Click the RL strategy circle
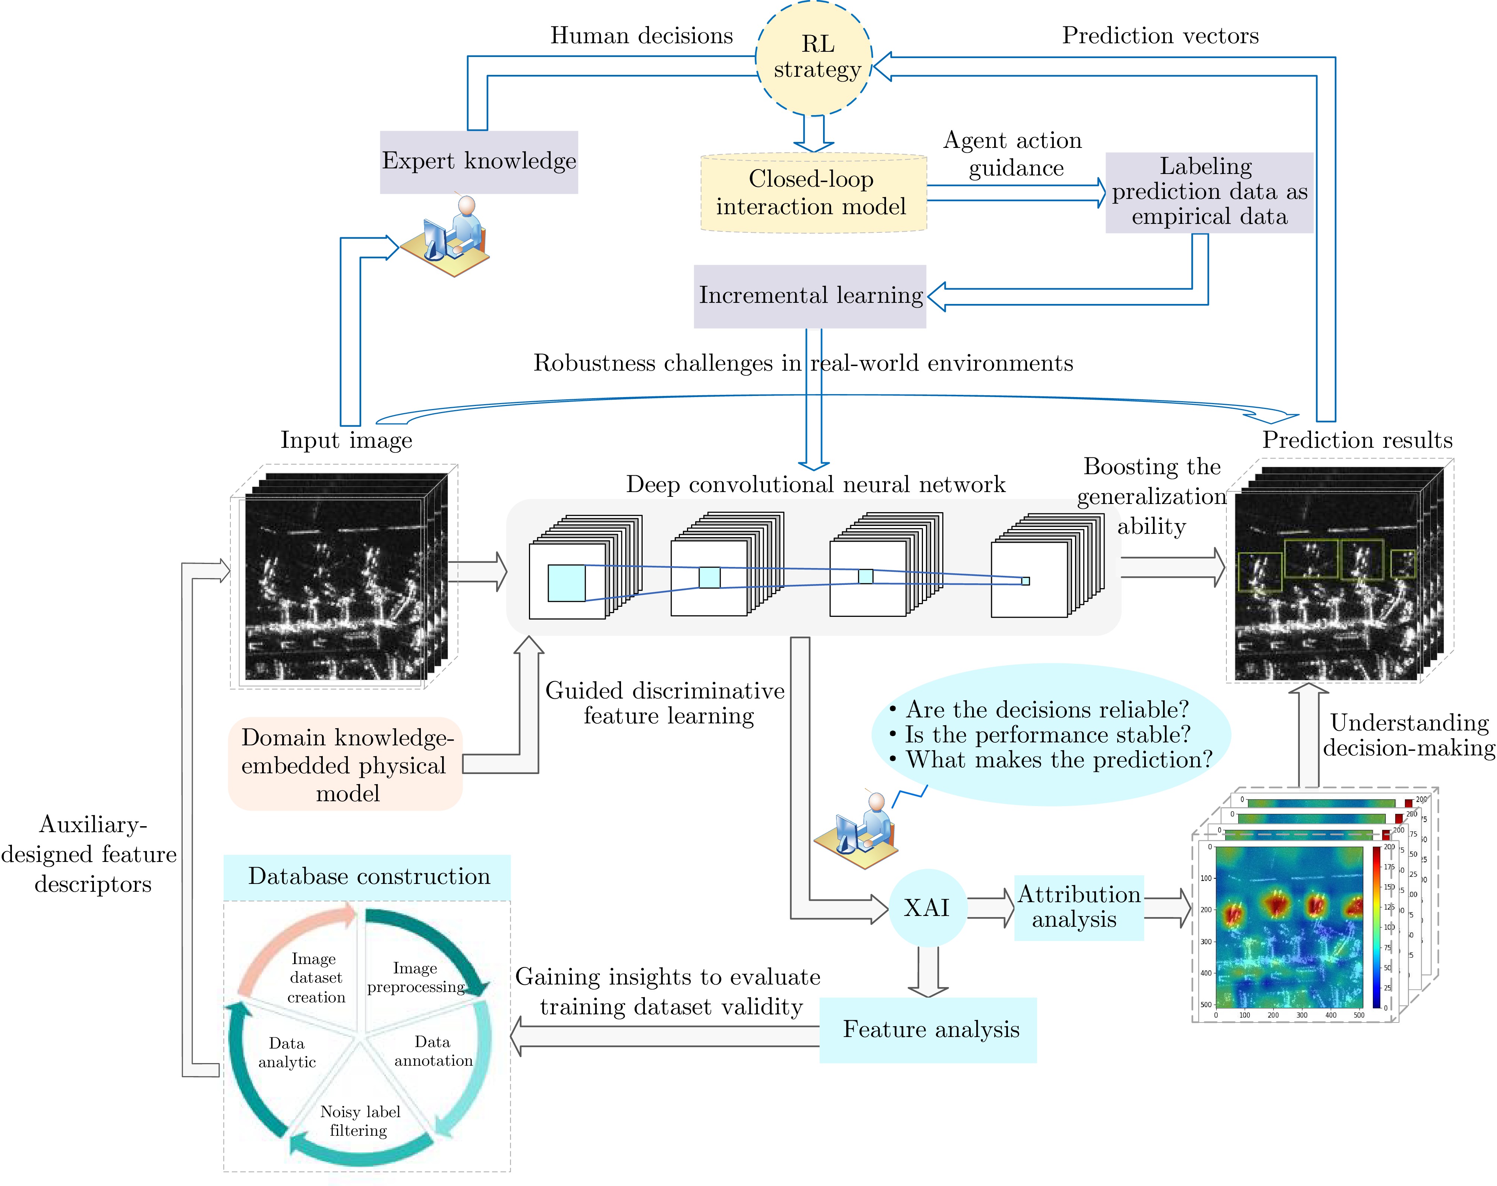(x=814, y=58)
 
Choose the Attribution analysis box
(x=1078, y=907)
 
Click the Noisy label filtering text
(x=360, y=1121)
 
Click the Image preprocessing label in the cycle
(x=415, y=977)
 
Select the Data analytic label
(x=287, y=1053)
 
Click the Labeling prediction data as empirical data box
(x=1209, y=192)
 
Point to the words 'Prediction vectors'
(x=1160, y=35)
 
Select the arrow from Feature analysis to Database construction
(x=665, y=1037)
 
